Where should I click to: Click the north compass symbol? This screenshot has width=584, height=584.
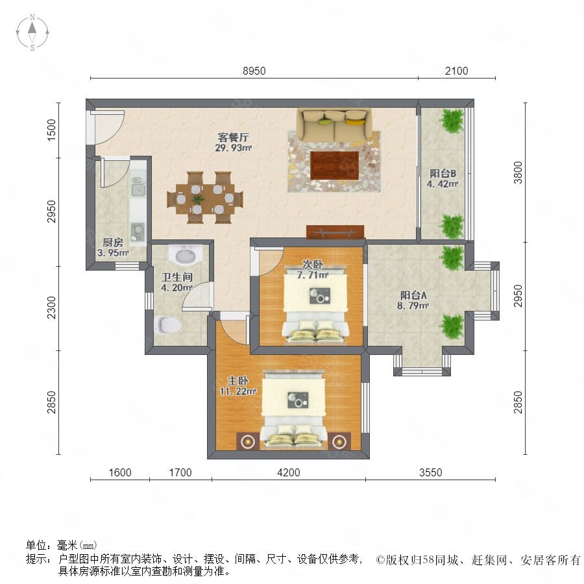pyautogui.click(x=32, y=32)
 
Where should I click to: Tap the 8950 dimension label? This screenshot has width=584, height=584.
pyautogui.click(x=254, y=71)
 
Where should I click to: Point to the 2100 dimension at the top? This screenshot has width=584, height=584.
pyautogui.click(x=456, y=71)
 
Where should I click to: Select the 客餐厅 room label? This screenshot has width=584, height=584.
pyautogui.click(x=233, y=138)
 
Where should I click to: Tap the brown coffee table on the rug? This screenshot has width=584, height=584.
pyautogui.click(x=334, y=165)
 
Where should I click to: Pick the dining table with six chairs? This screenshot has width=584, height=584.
pyautogui.click(x=205, y=197)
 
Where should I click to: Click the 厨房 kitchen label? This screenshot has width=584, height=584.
pyautogui.click(x=113, y=243)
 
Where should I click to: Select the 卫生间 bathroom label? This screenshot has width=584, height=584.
pyautogui.click(x=177, y=277)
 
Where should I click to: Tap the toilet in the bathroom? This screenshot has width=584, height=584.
pyautogui.click(x=167, y=325)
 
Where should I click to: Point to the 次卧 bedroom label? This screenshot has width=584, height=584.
pyautogui.click(x=313, y=265)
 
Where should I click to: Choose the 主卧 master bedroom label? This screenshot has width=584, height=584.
pyautogui.click(x=238, y=381)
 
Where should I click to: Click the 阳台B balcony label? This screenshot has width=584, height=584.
pyautogui.click(x=443, y=173)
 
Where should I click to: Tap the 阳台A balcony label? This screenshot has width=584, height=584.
pyautogui.click(x=413, y=295)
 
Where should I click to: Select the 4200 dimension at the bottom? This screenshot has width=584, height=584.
pyautogui.click(x=289, y=472)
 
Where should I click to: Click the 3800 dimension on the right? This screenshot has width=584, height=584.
pyautogui.click(x=518, y=173)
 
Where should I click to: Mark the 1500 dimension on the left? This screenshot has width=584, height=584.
pyautogui.click(x=51, y=130)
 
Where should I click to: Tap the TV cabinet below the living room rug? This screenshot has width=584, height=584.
pyautogui.click(x=335, y=232)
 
